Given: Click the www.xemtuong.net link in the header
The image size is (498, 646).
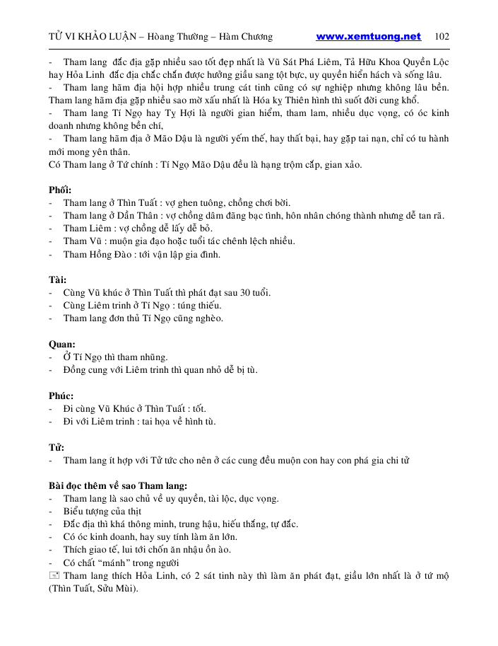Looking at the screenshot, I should [x=368, y=37].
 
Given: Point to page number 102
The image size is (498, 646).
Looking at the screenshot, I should [x=442, y=37].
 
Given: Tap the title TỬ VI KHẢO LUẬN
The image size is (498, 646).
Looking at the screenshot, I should [x=90, y=37].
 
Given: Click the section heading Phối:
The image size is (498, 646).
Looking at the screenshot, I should [x=60, y=190].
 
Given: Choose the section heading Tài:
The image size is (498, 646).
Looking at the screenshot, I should [x=58, y=279].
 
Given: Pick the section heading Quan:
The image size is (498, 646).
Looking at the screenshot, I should [x=61, y=344].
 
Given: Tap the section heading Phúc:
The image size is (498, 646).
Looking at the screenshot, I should [x=61, y=396].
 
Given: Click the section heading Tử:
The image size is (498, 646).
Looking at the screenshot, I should [x=57, y=447].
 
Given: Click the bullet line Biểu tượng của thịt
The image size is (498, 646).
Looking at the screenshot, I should [x=102, y=511].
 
